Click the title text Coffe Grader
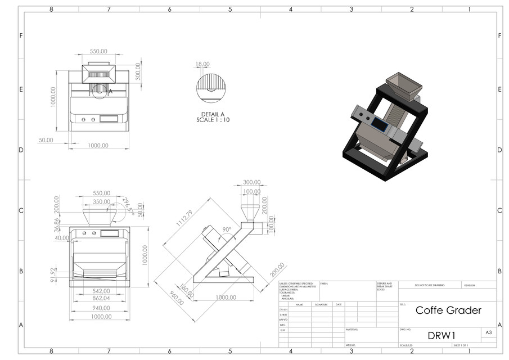click(448, 310)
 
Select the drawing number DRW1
click(441, 335)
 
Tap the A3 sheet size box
click(489, 333)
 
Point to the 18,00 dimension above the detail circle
click(202, 64)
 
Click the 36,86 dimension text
click(56, 224)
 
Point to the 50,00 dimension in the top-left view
click(46, 139)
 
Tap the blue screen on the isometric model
click(381, 125)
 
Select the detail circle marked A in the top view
click(100, 91)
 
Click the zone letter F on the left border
click(21, 35)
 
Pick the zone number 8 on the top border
click(51, 10)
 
